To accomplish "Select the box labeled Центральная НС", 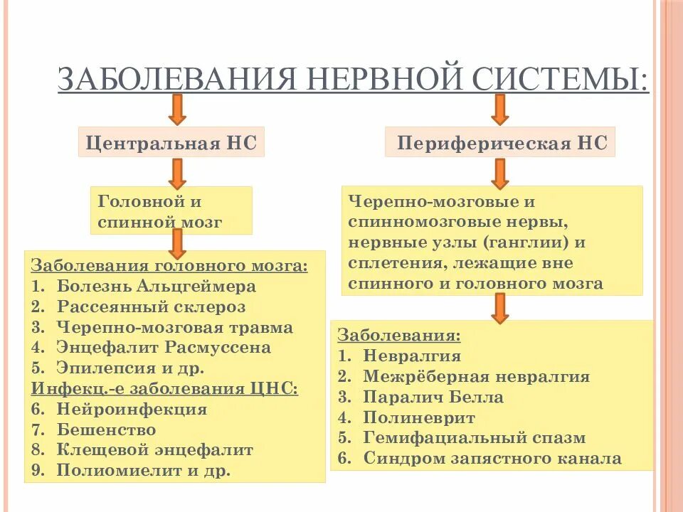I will point(171,143).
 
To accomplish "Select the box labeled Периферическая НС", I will point(501,143).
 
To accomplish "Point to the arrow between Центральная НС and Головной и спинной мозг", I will point(177,173).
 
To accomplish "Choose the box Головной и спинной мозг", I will point(171,210).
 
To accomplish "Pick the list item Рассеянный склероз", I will point(151,307).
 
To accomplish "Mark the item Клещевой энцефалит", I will point(154,450).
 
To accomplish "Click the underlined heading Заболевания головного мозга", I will point(170,266).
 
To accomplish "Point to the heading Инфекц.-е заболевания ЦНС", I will point(164,388).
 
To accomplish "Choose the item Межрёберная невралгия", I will point(476,377).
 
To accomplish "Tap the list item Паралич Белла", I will point(433,398).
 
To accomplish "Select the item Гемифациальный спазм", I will point(474,438).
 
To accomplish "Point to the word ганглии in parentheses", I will point(526,242).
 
